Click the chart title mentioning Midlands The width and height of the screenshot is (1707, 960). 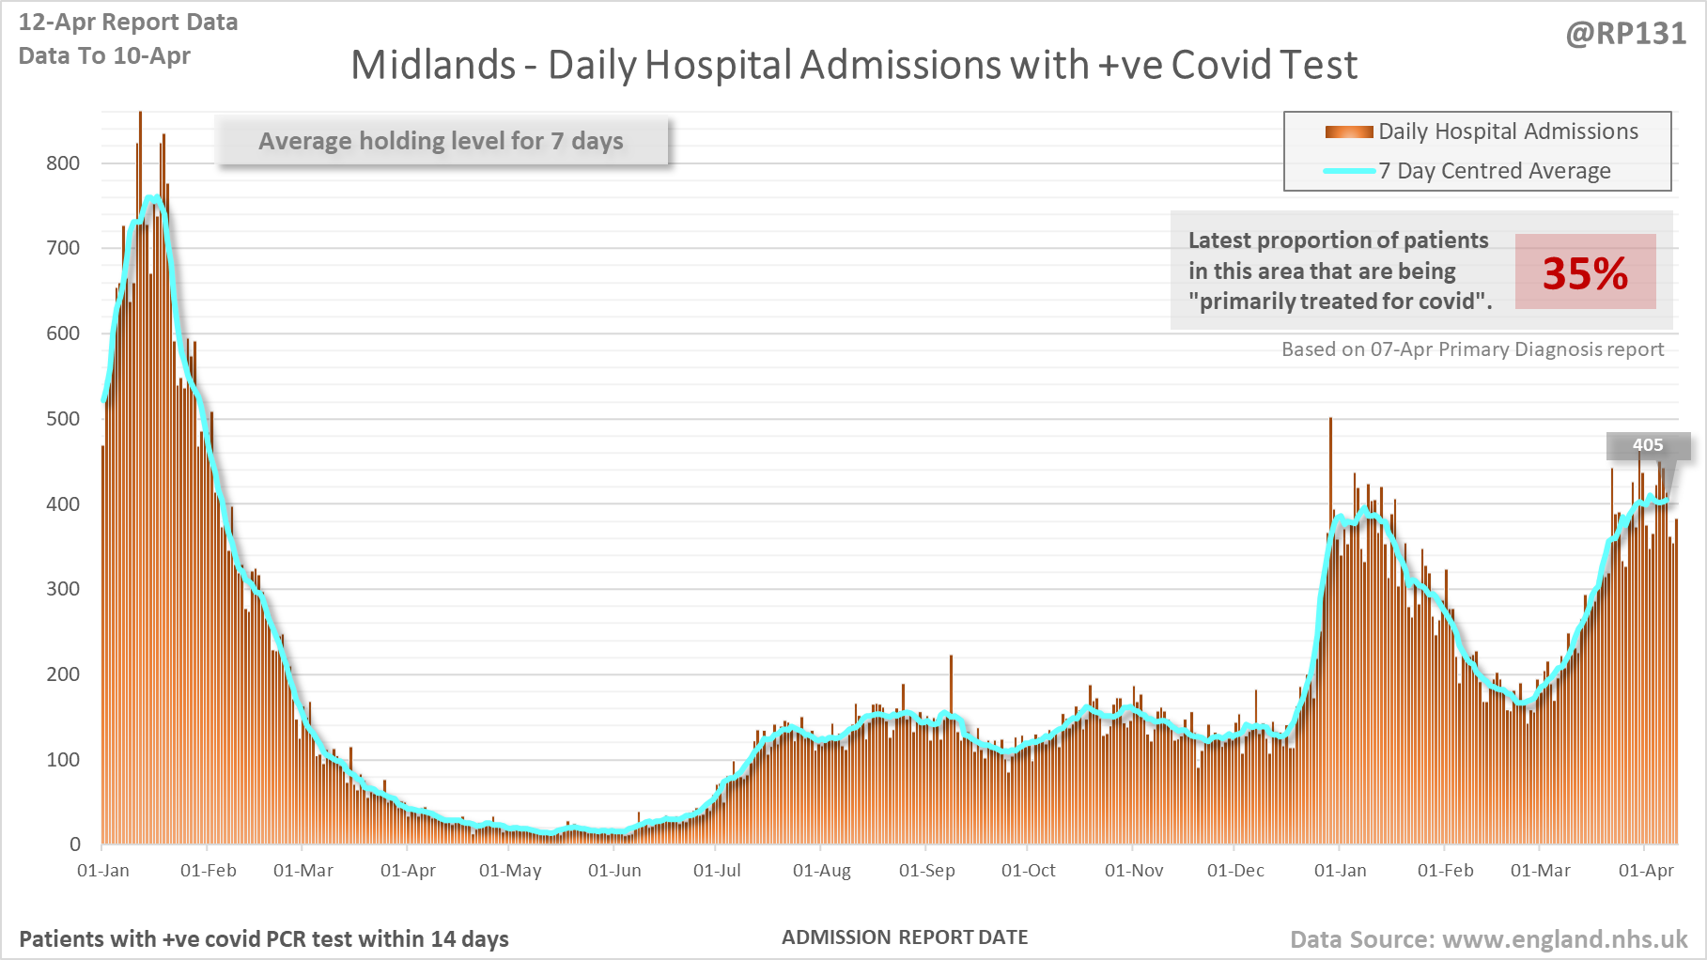[853, 66]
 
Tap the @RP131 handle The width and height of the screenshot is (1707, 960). [1625, 34]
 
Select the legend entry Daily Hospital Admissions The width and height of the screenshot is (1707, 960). [1507, 132]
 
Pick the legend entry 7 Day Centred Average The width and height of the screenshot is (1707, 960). [1494, 171]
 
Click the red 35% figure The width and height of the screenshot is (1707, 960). [1585, 273]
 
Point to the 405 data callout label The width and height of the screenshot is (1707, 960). [1648, 445]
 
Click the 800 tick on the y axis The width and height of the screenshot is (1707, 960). [63, 163]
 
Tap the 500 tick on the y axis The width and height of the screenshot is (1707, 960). [63, 419]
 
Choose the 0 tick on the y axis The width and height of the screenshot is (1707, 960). [75, 844]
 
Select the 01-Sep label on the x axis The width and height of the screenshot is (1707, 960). [926, 871]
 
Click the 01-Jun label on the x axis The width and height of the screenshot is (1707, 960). [614, 871]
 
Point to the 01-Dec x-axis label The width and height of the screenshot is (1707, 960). [1235, 871]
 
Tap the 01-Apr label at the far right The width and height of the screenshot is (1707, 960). [1646, 871]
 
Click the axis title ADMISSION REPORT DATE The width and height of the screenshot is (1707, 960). [905, 937]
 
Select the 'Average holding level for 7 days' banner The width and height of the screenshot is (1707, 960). [442, 141]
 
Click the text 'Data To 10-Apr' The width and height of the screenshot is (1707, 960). [104, 56]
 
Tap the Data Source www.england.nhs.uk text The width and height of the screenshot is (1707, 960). [1488, 939]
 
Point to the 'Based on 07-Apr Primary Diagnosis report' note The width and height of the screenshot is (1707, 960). [1472, 349]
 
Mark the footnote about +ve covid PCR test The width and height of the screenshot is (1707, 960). [264, 939]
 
